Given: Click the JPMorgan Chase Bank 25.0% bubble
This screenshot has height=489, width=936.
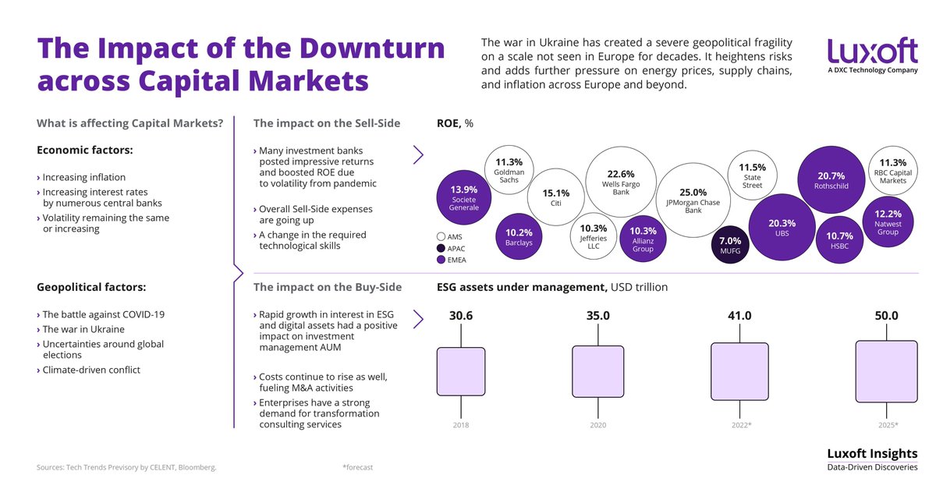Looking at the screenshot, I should (x=693, y=198).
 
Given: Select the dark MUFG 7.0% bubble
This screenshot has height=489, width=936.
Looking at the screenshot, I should (x=730, y=246).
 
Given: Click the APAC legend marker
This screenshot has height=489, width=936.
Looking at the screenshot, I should (x=441, y=248).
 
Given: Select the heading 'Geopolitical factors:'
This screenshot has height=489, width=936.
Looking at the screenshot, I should (x=90, y=287).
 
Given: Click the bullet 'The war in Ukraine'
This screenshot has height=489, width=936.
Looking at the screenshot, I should (x=83, y=329).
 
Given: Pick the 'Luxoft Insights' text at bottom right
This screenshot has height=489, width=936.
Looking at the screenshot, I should (x=872, y=454).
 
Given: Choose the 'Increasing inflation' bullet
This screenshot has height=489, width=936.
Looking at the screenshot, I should (x=83, y=177).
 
